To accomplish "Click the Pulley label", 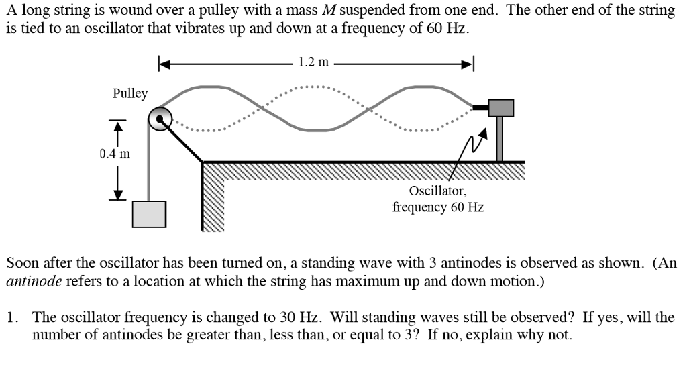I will click(130, 93).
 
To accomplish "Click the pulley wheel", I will click(161, 120).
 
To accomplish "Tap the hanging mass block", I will click(149, 214).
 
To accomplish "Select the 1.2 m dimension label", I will click(313, 63).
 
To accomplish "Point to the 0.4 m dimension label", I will click(115, 154).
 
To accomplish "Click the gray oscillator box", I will click(500, 107).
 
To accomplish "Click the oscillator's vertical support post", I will click(500, 140).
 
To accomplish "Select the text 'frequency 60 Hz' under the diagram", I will click(437, 207).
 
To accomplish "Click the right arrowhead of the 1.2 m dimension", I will click(468, 64).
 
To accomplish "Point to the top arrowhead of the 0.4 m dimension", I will click(118, 125).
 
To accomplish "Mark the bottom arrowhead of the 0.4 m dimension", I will click(118, 194).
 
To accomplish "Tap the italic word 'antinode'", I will click(34, 281).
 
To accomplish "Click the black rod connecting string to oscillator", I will click(480, 107).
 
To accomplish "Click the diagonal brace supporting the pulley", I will click(183, 142).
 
